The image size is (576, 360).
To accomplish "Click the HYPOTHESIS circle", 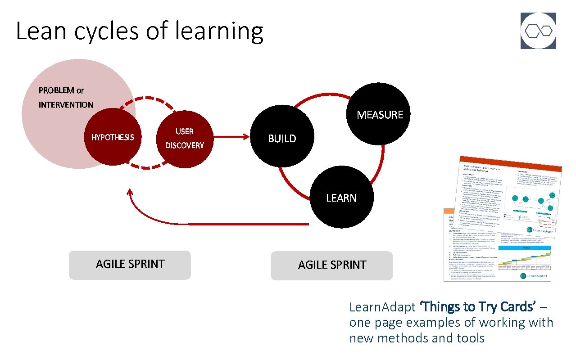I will pos(112,137).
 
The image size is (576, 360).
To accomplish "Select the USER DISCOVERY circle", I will pos(184,138).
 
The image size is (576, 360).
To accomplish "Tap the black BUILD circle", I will pos(282,138).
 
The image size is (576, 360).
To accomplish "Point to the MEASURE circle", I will pos(380,114).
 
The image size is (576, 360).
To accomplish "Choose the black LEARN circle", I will pos(341,198).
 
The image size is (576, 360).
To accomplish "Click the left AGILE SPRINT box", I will pos(130,265).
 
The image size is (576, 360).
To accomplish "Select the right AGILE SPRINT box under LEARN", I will pos(332,265).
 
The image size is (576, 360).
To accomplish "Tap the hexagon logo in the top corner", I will pos(538,31).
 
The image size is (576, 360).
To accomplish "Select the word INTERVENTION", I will pos(66,105).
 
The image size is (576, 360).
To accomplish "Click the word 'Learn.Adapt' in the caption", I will pos(382,307).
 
